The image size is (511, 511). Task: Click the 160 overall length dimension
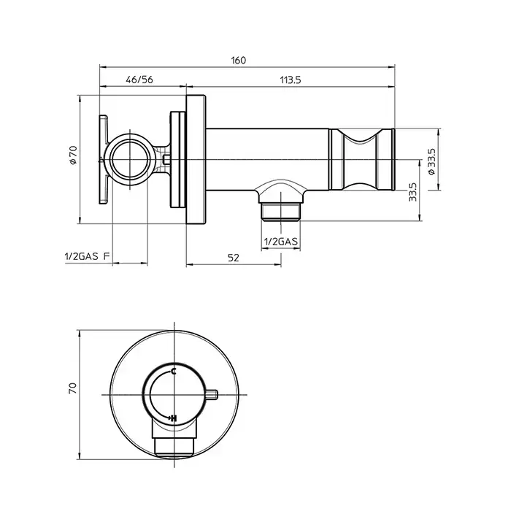[x=239, y=61]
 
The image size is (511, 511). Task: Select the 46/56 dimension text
[x=139, y=80]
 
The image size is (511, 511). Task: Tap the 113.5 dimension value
[x=291, y=80]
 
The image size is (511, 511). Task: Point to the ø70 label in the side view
[x=73, y=155]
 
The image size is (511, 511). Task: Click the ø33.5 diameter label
[x=431, y=161]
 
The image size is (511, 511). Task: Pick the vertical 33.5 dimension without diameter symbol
[x=412, y=191]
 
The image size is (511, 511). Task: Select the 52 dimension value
[x=234, y=258]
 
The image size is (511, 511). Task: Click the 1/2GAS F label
[x=88, y=256]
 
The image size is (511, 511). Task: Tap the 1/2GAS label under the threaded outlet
[x=280, y=242]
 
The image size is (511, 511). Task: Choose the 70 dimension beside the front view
[x=73, y=388]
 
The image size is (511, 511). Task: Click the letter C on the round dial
[x=174, y=371]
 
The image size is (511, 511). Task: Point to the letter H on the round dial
[x=174, y=418]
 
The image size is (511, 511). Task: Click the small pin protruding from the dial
[x=212, y=395]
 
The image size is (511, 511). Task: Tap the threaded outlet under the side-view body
[x=280, y=212]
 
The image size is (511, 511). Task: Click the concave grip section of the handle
[x=360, y=159]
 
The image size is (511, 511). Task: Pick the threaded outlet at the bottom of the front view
[x=174, y=447]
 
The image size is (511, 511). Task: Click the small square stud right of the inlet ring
[x=166, y=160]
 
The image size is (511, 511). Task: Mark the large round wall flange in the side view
[x=196, y=160]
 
